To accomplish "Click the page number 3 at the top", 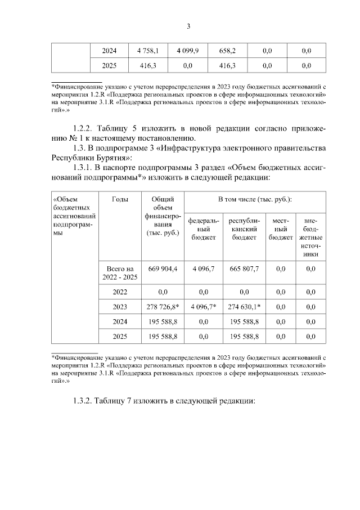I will pos(188,26).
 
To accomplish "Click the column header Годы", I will pos(119,199).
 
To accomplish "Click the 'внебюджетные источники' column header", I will pos(310,237).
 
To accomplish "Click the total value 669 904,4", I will pos(163,269).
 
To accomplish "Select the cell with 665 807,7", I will pos(244,269).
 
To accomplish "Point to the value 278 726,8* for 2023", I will pos(163,307).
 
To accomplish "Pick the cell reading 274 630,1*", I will pos(244,307).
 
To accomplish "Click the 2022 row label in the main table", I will pos(119,292).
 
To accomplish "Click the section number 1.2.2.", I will pos(84,128).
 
